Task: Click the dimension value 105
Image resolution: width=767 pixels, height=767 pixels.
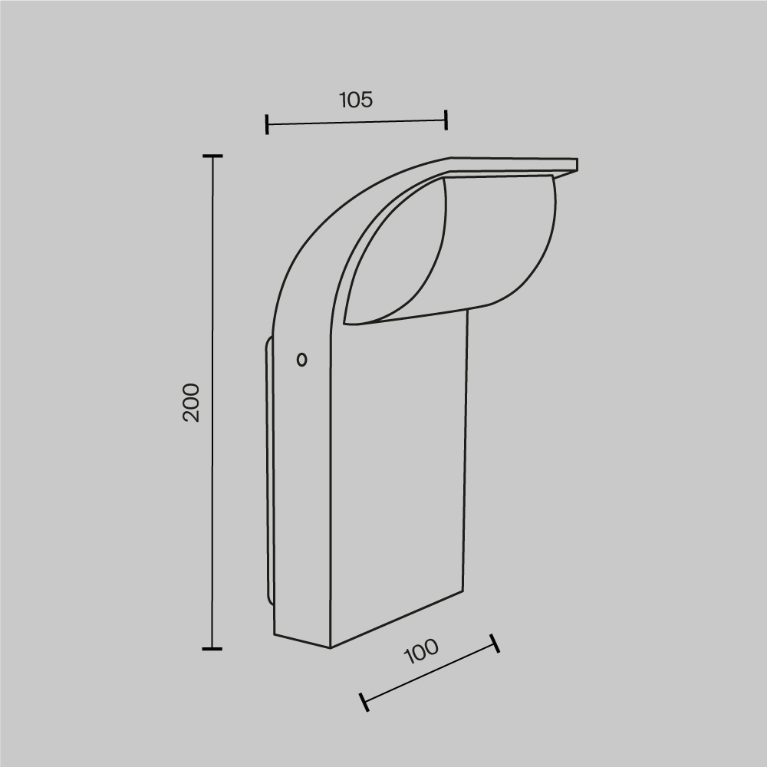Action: click(356, 100)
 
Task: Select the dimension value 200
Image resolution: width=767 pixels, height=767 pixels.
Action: click(191, 402)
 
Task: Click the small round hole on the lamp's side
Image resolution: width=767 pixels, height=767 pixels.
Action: click(301, 359)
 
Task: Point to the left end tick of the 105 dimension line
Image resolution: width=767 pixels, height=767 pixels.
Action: click(266, 124)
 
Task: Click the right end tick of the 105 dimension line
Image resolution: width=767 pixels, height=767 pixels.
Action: click(446, 119)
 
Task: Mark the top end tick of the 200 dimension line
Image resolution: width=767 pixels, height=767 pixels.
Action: click(212, 156)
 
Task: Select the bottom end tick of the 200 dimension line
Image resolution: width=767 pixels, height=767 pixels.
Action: click(212, 649)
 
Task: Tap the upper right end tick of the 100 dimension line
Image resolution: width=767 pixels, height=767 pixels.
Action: click(495, 643)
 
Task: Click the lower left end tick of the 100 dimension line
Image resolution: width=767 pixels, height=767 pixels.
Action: click(364, 701)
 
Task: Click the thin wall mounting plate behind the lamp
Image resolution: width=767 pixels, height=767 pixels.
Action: click(269, 476)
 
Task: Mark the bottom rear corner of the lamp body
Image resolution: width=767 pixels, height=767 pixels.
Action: click(275, 634)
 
